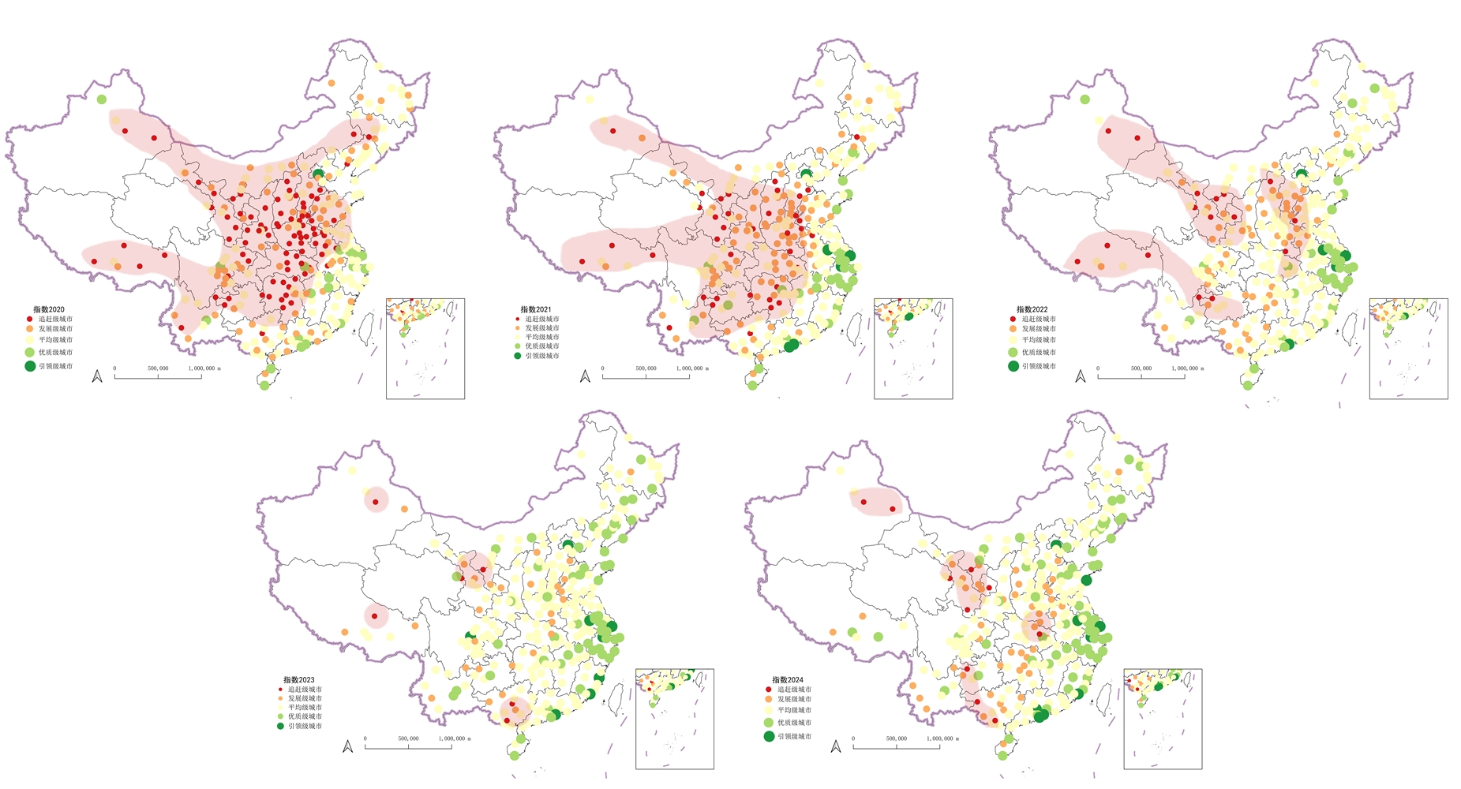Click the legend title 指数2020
(x=49, y=309)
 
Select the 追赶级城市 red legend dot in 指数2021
(x=518, y=319)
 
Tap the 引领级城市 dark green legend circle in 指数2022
(x=1013, y=366)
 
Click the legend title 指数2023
(x=299, y=679)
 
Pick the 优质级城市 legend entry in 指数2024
(x=794, y=723)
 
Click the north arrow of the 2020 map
(x=97, y=376)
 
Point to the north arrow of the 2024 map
(x=836, y=746)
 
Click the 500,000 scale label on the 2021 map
(x=646, y=368)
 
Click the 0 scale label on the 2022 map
(x=1098, y=368)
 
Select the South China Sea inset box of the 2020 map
(x=425, y=348)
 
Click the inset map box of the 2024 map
(x=1163, y=719)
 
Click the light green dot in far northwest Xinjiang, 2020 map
(x=102, y=99)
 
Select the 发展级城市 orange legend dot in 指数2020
(x=29, y=329)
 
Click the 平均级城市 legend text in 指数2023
(x=305, y=708)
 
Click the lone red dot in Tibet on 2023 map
(x=375, y=616)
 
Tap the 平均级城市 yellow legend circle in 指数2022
(x=1013, y=340)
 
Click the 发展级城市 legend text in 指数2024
(x=794, y=699)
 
